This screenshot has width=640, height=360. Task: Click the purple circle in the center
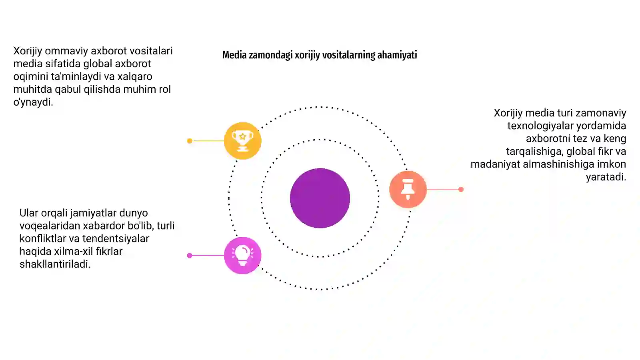320,198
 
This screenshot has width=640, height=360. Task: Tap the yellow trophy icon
242,140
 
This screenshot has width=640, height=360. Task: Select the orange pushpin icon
408,189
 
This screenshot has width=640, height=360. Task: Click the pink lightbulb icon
242,256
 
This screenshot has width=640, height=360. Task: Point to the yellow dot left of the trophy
190,141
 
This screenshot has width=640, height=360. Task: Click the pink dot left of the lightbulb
190,256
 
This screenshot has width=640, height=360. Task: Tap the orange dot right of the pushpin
461,190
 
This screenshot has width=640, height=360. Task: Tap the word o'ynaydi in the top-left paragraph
33,102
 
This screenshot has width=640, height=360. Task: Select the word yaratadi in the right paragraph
606,177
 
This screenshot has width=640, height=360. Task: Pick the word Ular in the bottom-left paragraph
29,213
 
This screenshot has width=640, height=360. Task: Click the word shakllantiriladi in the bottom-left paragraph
55,264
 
